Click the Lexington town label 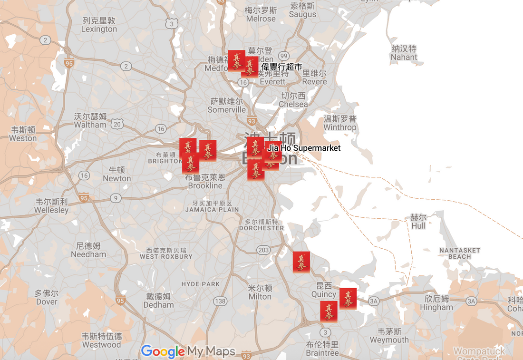pos(99,25)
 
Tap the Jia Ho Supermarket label pos(304,148)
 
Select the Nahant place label pos(404,53)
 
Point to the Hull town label pos(418,221)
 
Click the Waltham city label pos(90,121)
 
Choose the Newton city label pos(116,174)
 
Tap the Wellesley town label pos(51,205)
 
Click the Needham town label pos(88,250)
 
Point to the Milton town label pos(260,292)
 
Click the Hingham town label pos(436,303)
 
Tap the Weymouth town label pos(389,336)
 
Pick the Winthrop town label pos(339,123)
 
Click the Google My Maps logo pos(188,351)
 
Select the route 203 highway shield pos(263,250)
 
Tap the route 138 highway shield pos(220,301)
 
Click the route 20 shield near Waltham pos(118,124)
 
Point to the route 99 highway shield pos(284,56)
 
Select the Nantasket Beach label pos(459,253)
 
